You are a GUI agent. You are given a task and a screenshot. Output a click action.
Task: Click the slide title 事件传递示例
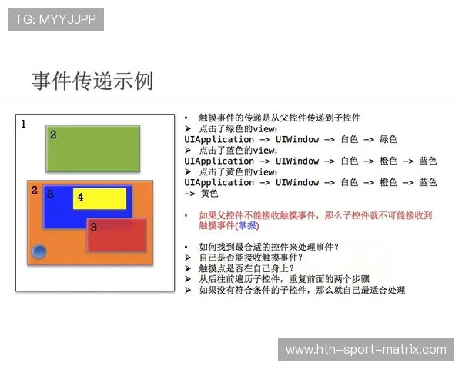(x=92, y=81)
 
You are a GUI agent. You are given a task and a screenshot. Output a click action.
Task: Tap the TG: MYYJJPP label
(x=55, y=19)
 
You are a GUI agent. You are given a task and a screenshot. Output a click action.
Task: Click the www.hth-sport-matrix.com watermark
(x=366, y=349)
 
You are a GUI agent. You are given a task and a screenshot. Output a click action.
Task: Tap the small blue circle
(x=38, y=252)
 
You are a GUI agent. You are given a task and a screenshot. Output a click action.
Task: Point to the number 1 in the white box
(x=23, y=124)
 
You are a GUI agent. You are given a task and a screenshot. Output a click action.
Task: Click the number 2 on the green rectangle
(x=53, y=135)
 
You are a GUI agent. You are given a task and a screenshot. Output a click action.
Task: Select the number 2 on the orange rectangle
(x=34, y=190)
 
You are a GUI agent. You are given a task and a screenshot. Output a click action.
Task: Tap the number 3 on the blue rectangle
(x=50, y=194)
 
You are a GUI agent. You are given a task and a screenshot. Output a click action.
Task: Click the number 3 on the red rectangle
(x=93, y=227)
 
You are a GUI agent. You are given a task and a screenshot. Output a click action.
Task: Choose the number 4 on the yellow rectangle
(x=80, y=198)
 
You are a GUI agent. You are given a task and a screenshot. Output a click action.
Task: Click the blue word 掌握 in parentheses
(x=247, y=226)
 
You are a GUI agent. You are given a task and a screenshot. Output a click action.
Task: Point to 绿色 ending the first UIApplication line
(x=387, y=140)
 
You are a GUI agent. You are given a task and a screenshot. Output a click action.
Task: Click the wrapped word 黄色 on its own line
(x=209, y=193)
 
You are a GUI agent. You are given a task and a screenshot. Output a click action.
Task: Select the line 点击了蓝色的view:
(x=238, y=151)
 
